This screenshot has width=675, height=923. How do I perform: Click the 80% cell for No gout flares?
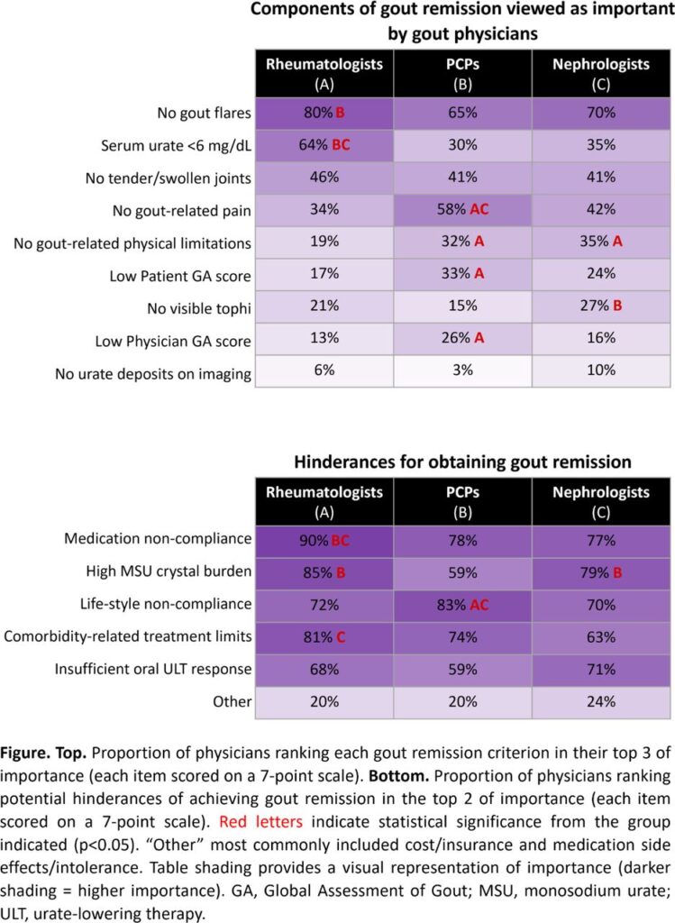(324, 114)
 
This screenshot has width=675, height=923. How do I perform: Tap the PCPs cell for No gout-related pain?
(463, 211)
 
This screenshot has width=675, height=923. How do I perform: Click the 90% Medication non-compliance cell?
(324, 539)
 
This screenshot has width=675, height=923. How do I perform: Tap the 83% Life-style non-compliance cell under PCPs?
(463, 604)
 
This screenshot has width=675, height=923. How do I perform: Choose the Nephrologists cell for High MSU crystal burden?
(601, 571)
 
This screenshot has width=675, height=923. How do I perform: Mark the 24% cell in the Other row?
(601, 701)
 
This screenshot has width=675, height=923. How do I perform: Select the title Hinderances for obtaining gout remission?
(463, 462)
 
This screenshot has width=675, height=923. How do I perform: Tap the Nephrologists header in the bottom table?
(601, 501)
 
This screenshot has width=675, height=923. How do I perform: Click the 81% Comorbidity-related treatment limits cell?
(324, 636)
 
